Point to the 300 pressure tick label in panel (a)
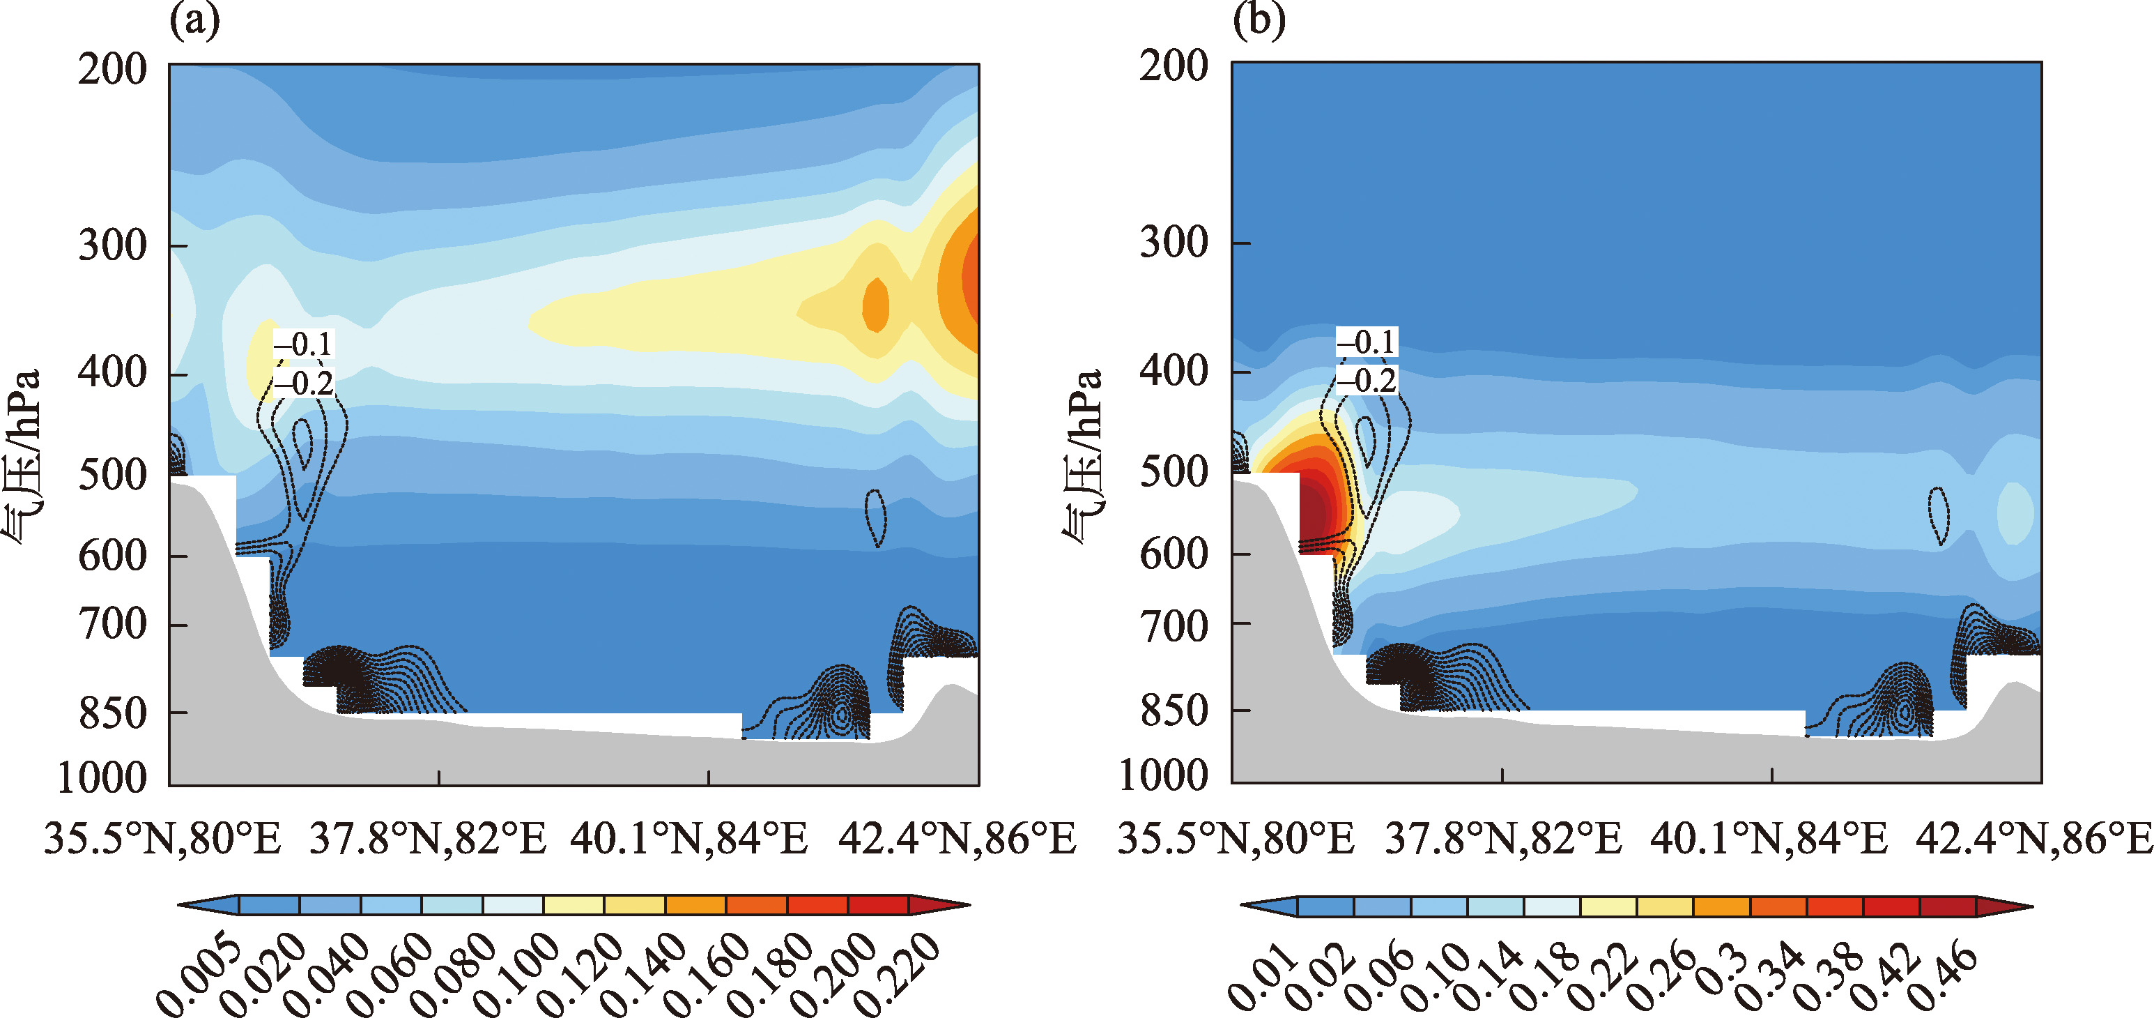point(112,245)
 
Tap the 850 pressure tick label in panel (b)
point(1173,711)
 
